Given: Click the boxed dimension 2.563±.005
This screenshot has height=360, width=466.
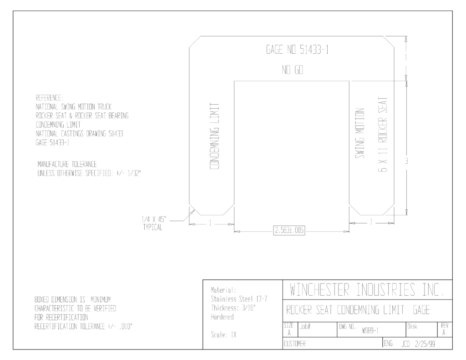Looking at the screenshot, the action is point(289,230).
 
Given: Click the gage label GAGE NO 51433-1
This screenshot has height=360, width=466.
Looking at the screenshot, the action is point(297,50).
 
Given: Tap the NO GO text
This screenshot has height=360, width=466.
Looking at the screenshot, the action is point(292,70).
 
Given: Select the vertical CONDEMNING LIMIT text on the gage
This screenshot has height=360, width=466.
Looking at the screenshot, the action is point(214,137).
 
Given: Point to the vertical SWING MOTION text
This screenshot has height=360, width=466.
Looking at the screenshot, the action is point(360,133).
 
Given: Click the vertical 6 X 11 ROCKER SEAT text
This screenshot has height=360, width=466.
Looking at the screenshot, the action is point(383,135).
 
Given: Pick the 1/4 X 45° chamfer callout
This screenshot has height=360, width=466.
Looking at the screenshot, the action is point(154,220).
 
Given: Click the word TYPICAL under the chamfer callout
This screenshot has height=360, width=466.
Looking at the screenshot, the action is point(153,228).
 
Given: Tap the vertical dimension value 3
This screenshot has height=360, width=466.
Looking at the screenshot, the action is point(406,161).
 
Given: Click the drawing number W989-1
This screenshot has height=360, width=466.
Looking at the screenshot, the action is point(370,331).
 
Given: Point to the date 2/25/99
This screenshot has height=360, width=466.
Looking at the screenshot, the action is point(425,344).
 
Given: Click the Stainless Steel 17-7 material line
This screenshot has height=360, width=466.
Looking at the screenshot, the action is point(239,299).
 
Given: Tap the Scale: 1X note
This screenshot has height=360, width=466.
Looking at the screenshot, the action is point(223,335).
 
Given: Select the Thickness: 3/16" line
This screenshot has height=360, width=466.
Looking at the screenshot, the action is point(233,308).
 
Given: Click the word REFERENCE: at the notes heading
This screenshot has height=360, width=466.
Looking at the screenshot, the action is point(49,98).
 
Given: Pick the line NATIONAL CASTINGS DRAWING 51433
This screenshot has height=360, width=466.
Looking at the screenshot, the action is point(79,133).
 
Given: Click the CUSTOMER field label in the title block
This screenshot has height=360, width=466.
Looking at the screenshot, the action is point(294,344).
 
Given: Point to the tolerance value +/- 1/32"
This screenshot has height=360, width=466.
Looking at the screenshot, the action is point(127,173).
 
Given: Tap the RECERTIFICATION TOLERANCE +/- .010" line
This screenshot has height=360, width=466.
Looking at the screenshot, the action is point(84,326).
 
